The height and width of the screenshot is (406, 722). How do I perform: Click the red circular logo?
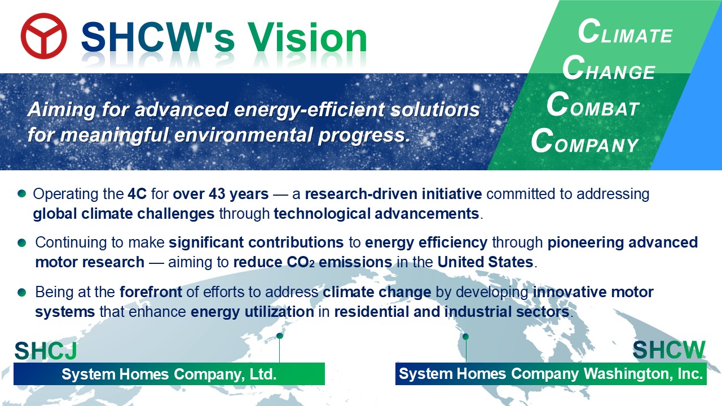tap(44, 36)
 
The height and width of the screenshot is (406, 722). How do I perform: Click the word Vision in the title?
tap(307, 38)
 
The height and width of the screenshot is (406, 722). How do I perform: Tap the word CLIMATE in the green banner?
tap(625, 32)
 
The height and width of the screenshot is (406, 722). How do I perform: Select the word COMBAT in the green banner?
tap(593, 104)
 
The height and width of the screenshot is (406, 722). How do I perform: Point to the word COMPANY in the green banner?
tap(585, 140)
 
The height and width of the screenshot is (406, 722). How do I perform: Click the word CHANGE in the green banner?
tap(609, 68)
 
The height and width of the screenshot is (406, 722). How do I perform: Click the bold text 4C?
tap(137, 194)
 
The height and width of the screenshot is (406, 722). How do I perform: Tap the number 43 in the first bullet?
tap(217, 194)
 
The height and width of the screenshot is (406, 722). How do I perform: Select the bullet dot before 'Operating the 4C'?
tap(22, 193)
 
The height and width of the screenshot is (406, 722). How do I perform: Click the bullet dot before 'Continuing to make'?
tap(22, 242)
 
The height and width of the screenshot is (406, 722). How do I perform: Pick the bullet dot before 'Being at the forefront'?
tap(22, 292)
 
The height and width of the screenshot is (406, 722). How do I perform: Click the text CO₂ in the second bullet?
tap(301, 262)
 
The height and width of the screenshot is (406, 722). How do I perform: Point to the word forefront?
tap(151, 292)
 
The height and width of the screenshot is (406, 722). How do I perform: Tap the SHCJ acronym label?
tap(46, 351)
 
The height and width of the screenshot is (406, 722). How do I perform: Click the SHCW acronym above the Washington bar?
tap(669, 350)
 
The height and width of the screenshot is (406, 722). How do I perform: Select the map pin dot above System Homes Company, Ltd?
tap(280, 336)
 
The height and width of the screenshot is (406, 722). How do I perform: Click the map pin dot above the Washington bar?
tap(466, 337)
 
